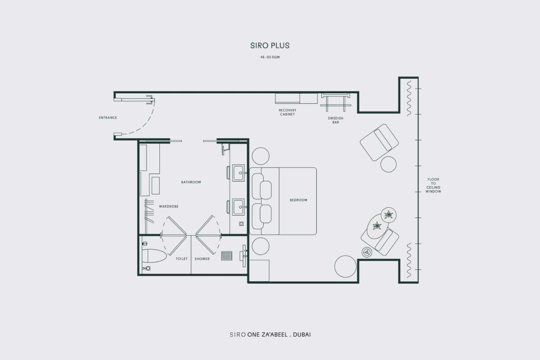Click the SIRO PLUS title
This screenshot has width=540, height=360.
(270, 46)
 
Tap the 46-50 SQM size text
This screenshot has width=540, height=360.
(270, 57)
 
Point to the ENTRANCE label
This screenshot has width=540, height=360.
(108, 118)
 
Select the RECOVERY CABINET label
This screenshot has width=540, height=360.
(287, 112)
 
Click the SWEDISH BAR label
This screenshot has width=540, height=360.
(335, 120)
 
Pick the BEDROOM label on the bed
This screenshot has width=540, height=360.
(298, 200)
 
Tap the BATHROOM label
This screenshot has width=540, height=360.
(191, 182)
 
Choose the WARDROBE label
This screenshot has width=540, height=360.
(168, 206)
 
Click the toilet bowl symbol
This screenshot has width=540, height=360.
(154, 256)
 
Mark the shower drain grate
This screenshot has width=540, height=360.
(227, 256)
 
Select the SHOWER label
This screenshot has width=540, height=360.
(202, 259)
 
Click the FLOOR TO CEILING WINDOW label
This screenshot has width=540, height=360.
(433, 185)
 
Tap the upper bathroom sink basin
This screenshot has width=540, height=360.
(238, 173)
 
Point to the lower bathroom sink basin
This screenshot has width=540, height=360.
(238, 207)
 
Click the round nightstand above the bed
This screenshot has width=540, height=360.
(261, 156)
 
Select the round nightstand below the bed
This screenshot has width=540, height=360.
(261, 246)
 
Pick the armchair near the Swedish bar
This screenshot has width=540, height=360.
(379, 142)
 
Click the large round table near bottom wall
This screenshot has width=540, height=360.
(346, 266)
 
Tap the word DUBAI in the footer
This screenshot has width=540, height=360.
(302, 335)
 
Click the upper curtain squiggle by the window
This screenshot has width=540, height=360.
(409, 98)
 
